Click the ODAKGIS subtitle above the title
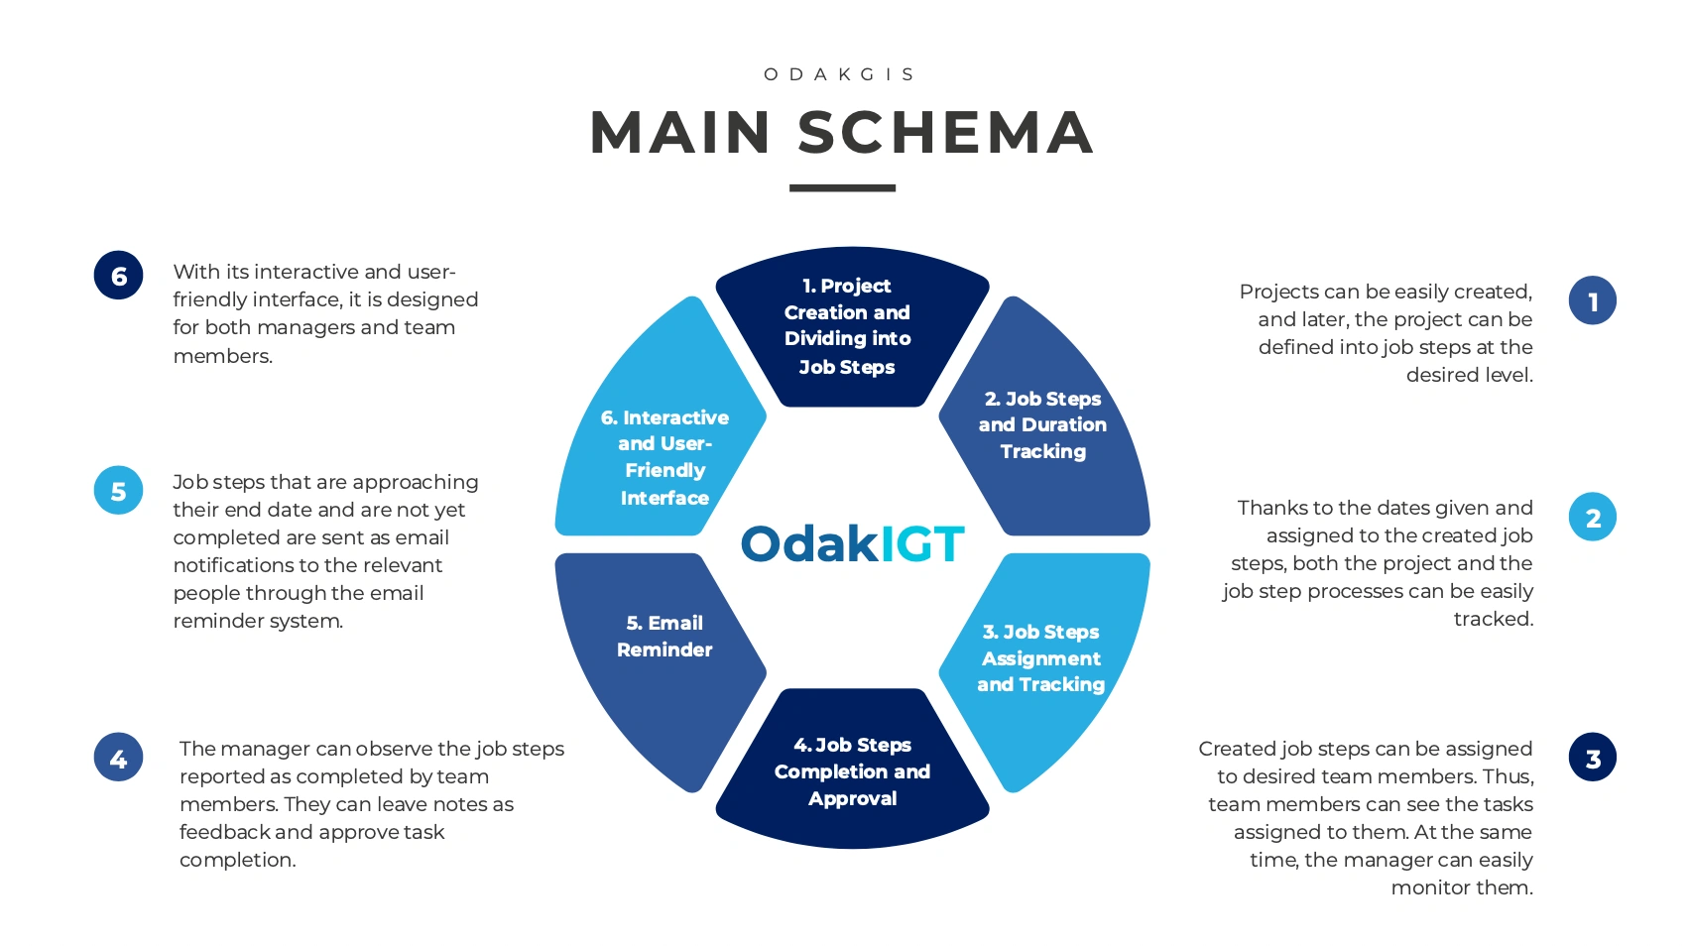tap(840, 74)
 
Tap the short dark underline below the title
tap(842, 187)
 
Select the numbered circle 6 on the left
tap(119, 276)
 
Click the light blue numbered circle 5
tap(119, 491)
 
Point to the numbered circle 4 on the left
tap(119, 758)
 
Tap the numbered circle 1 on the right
tap(1593, 300)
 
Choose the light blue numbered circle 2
tap(1593, 518)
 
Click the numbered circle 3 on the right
tap(1593, 758)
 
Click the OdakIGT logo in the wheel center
tap(852, 544)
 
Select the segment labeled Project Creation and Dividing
tap(849, 327)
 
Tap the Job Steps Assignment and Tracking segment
tap(1041, 658)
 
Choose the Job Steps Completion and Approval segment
tap(853, 771)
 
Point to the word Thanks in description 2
tap(1269, 509)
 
